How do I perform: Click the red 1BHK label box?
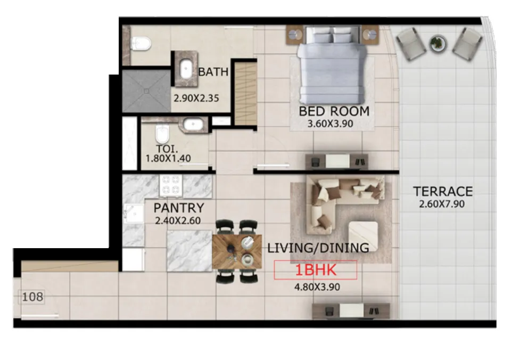tap(315, 271)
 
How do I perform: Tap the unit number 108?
tap(33, 297)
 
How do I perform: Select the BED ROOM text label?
tap(334, 111)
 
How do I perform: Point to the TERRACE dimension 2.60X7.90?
tap(443, 204)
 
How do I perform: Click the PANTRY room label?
tap(178, 208)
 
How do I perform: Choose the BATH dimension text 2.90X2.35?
tap(196, 98)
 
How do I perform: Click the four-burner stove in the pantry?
tap(171, 185)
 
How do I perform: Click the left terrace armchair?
tap(411, 44)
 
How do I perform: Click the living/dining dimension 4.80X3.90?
tap(317, 287)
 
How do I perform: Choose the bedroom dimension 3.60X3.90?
tap(331, 124)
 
